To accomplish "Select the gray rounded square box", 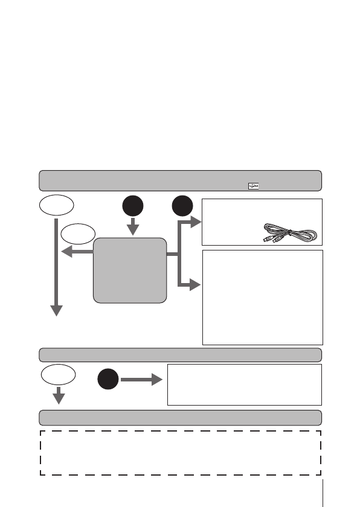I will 130,270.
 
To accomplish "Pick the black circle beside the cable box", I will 182,206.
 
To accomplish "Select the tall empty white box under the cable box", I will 262,297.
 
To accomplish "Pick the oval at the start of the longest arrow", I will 56,206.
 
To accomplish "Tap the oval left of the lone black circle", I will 58,375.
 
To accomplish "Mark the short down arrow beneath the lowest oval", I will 59,397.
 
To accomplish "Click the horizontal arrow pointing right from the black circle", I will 142,381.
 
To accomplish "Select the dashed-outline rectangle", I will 180,453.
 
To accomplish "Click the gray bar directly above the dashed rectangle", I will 180,418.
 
